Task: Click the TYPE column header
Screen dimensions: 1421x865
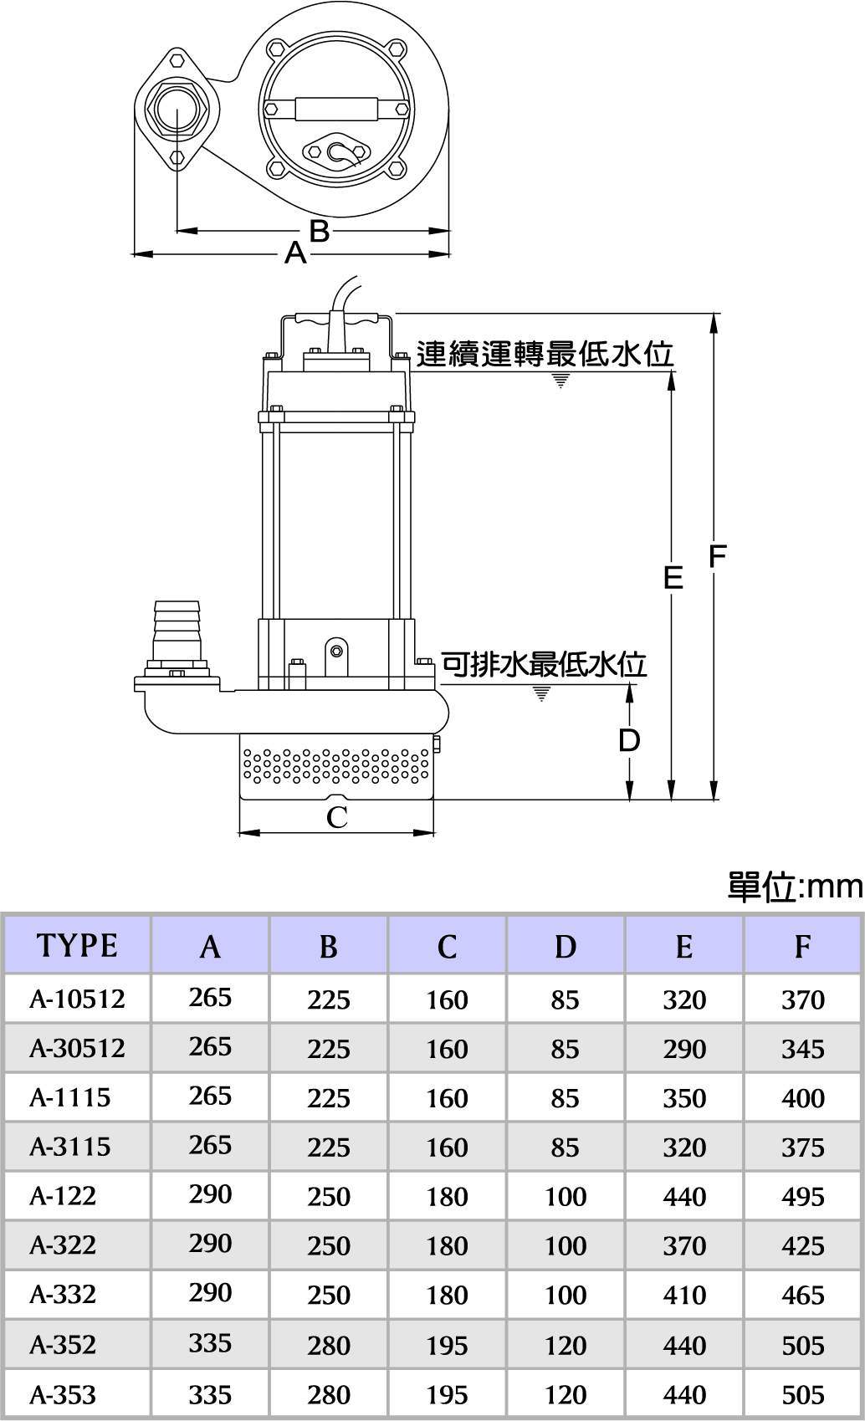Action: pyautogui.click(x=77, y=945)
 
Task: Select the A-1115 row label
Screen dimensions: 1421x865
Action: pyautogui.click(x=70, y=1097)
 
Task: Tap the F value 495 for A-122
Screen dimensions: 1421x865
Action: pyautogui.click(x=802, y=1197)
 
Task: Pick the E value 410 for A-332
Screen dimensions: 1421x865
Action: pyautogui.click(x=684, y=1296)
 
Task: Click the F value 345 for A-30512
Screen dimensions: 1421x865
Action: pyautogui.click(x=802, y=1049)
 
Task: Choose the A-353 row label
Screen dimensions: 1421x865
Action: pyautogui.click(x=63, y=1395)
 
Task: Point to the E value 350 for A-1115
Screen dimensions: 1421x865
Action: pyautogui.click(x=684, y=1098)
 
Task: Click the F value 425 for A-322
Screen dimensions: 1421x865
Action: pyautogui.click(x=802, y=1246)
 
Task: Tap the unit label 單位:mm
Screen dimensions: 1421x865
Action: pyautogui.click(x=794, y=887)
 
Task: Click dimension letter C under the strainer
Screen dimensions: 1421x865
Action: pyautogui.click(x=336, y=817)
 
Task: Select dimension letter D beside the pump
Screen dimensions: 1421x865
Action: pyautogui.click(x=629, y=740)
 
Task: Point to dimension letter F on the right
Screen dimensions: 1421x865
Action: pyautogui.click(x=717, y=556)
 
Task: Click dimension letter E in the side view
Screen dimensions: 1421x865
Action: pyautogui.click(x=673, y=577)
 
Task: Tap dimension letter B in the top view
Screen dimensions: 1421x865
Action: pyautogui.click(x=320, y=231)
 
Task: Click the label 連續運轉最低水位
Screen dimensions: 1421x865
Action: pyautogui.click(x=545, y=355)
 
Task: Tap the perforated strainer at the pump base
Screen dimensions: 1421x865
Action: pyautogui.click(x=335, y=765)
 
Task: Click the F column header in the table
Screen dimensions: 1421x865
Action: pyautogui.click(x=802, y=946)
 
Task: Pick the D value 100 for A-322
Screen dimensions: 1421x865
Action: pyautogui.click(x=566, y=1246)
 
